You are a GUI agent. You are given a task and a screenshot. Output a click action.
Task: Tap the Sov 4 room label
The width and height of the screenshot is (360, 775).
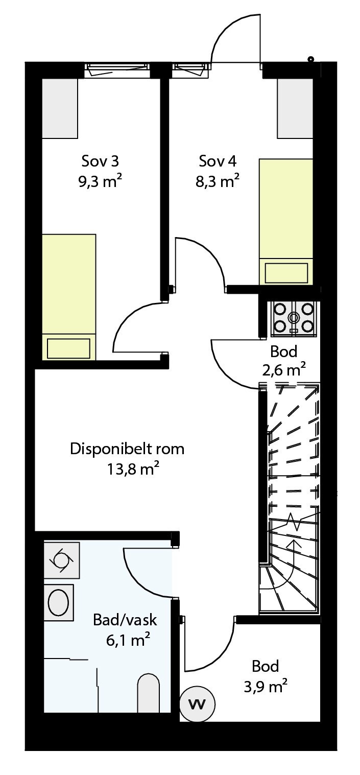coord(218,161)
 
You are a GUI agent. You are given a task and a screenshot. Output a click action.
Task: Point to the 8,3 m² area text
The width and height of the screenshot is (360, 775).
coord(218,181)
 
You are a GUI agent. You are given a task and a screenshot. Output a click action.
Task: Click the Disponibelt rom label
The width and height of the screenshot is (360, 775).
coord(127,450)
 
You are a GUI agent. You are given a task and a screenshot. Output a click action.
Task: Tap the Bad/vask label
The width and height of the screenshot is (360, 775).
coord(125,621)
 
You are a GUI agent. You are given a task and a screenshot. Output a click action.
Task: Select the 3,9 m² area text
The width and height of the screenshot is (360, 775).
coord(266,687)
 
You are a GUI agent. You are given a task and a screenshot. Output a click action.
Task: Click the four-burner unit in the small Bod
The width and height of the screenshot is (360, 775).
coord(293,319)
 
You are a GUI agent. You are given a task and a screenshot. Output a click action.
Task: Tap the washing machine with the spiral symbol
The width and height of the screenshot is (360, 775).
coord(61,560)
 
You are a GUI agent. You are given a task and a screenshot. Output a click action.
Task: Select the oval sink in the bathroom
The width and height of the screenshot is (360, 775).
coord(58,603)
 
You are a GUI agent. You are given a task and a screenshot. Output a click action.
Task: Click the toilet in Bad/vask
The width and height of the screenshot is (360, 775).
coord(149,694)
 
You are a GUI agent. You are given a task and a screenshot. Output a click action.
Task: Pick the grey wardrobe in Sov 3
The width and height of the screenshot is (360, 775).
coord(59,108)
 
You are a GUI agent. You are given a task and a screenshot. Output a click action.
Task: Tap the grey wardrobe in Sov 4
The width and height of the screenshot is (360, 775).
coord(295,108)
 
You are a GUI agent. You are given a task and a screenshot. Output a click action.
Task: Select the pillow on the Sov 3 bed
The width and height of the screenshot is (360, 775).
coord(68,348)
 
